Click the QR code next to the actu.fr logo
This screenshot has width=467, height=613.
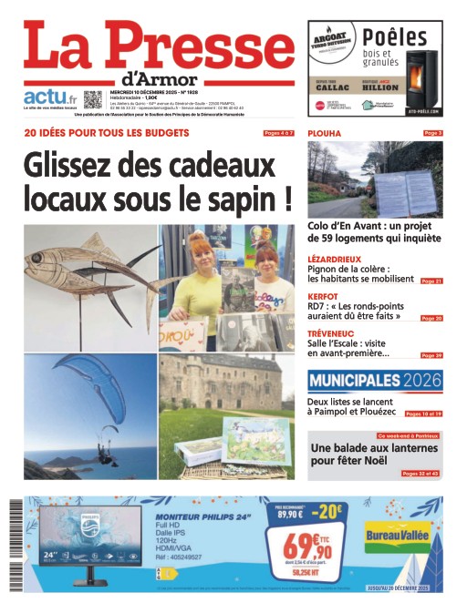pos(93,99)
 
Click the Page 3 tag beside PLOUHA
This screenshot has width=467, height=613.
pos(432,134)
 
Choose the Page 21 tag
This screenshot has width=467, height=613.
pos(431,281)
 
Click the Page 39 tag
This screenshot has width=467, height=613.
pos(431,355)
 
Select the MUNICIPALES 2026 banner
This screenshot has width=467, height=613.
pos(375,381)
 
